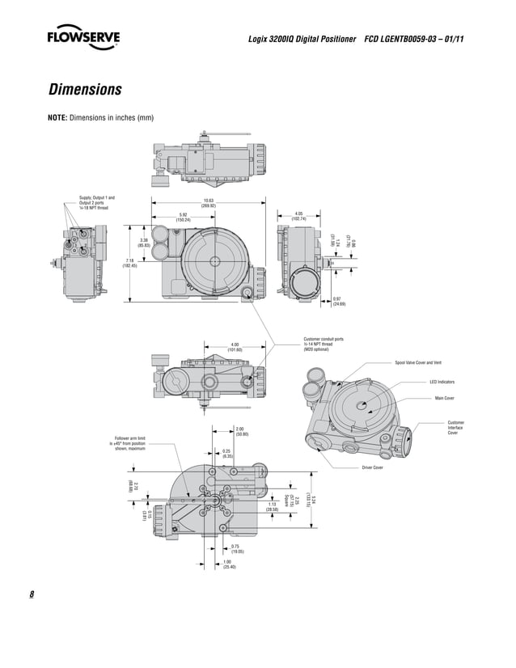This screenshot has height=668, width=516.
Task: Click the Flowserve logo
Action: (83, 38)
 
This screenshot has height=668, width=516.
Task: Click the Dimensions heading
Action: (85, 89)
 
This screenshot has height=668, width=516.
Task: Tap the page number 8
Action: (32, 595)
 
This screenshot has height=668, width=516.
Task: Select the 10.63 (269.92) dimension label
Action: (208, 203)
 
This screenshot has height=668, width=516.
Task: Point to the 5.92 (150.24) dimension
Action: (183, 217)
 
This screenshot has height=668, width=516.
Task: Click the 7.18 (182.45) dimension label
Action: (129, 263)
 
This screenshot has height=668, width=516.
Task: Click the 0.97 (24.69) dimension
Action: (339, 302)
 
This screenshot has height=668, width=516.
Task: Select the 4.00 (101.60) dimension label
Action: (235, 347)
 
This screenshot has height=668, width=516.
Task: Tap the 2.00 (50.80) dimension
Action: (241, 432)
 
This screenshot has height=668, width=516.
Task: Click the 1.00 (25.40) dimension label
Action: (229, 564)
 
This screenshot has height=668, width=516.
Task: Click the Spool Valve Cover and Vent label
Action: (418, 362)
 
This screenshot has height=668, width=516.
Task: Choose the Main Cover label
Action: (445, 398)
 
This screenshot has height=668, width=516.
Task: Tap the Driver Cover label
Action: (372, 468)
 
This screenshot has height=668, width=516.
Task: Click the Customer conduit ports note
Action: (324, 344)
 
